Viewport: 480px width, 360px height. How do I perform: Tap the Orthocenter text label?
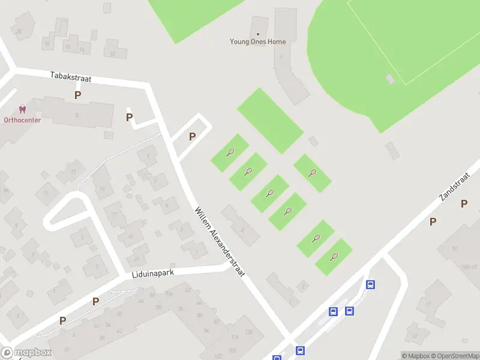[x=22, y=120]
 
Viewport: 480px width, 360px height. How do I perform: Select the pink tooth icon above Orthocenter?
[x=23, y=110]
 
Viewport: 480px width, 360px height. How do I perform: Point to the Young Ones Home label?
[x=258, y=42]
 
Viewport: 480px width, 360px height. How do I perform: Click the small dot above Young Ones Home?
[x=258, y=34]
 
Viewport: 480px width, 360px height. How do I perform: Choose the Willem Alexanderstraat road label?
[x=221, y=242]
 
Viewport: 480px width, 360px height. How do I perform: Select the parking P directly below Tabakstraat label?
[x=77, y=95]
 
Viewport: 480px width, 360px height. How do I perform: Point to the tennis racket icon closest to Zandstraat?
[x=334, y=257]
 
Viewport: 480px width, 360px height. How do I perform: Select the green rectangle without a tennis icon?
[x=270, y=120]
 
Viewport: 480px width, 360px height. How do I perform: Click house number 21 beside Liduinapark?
[x=137, y=259]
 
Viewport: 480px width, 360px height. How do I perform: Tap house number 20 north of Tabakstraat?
[x=19, y=31]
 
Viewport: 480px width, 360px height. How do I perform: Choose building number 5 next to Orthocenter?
[x=77, y=115]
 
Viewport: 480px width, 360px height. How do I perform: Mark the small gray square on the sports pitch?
[x=391, y=79]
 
